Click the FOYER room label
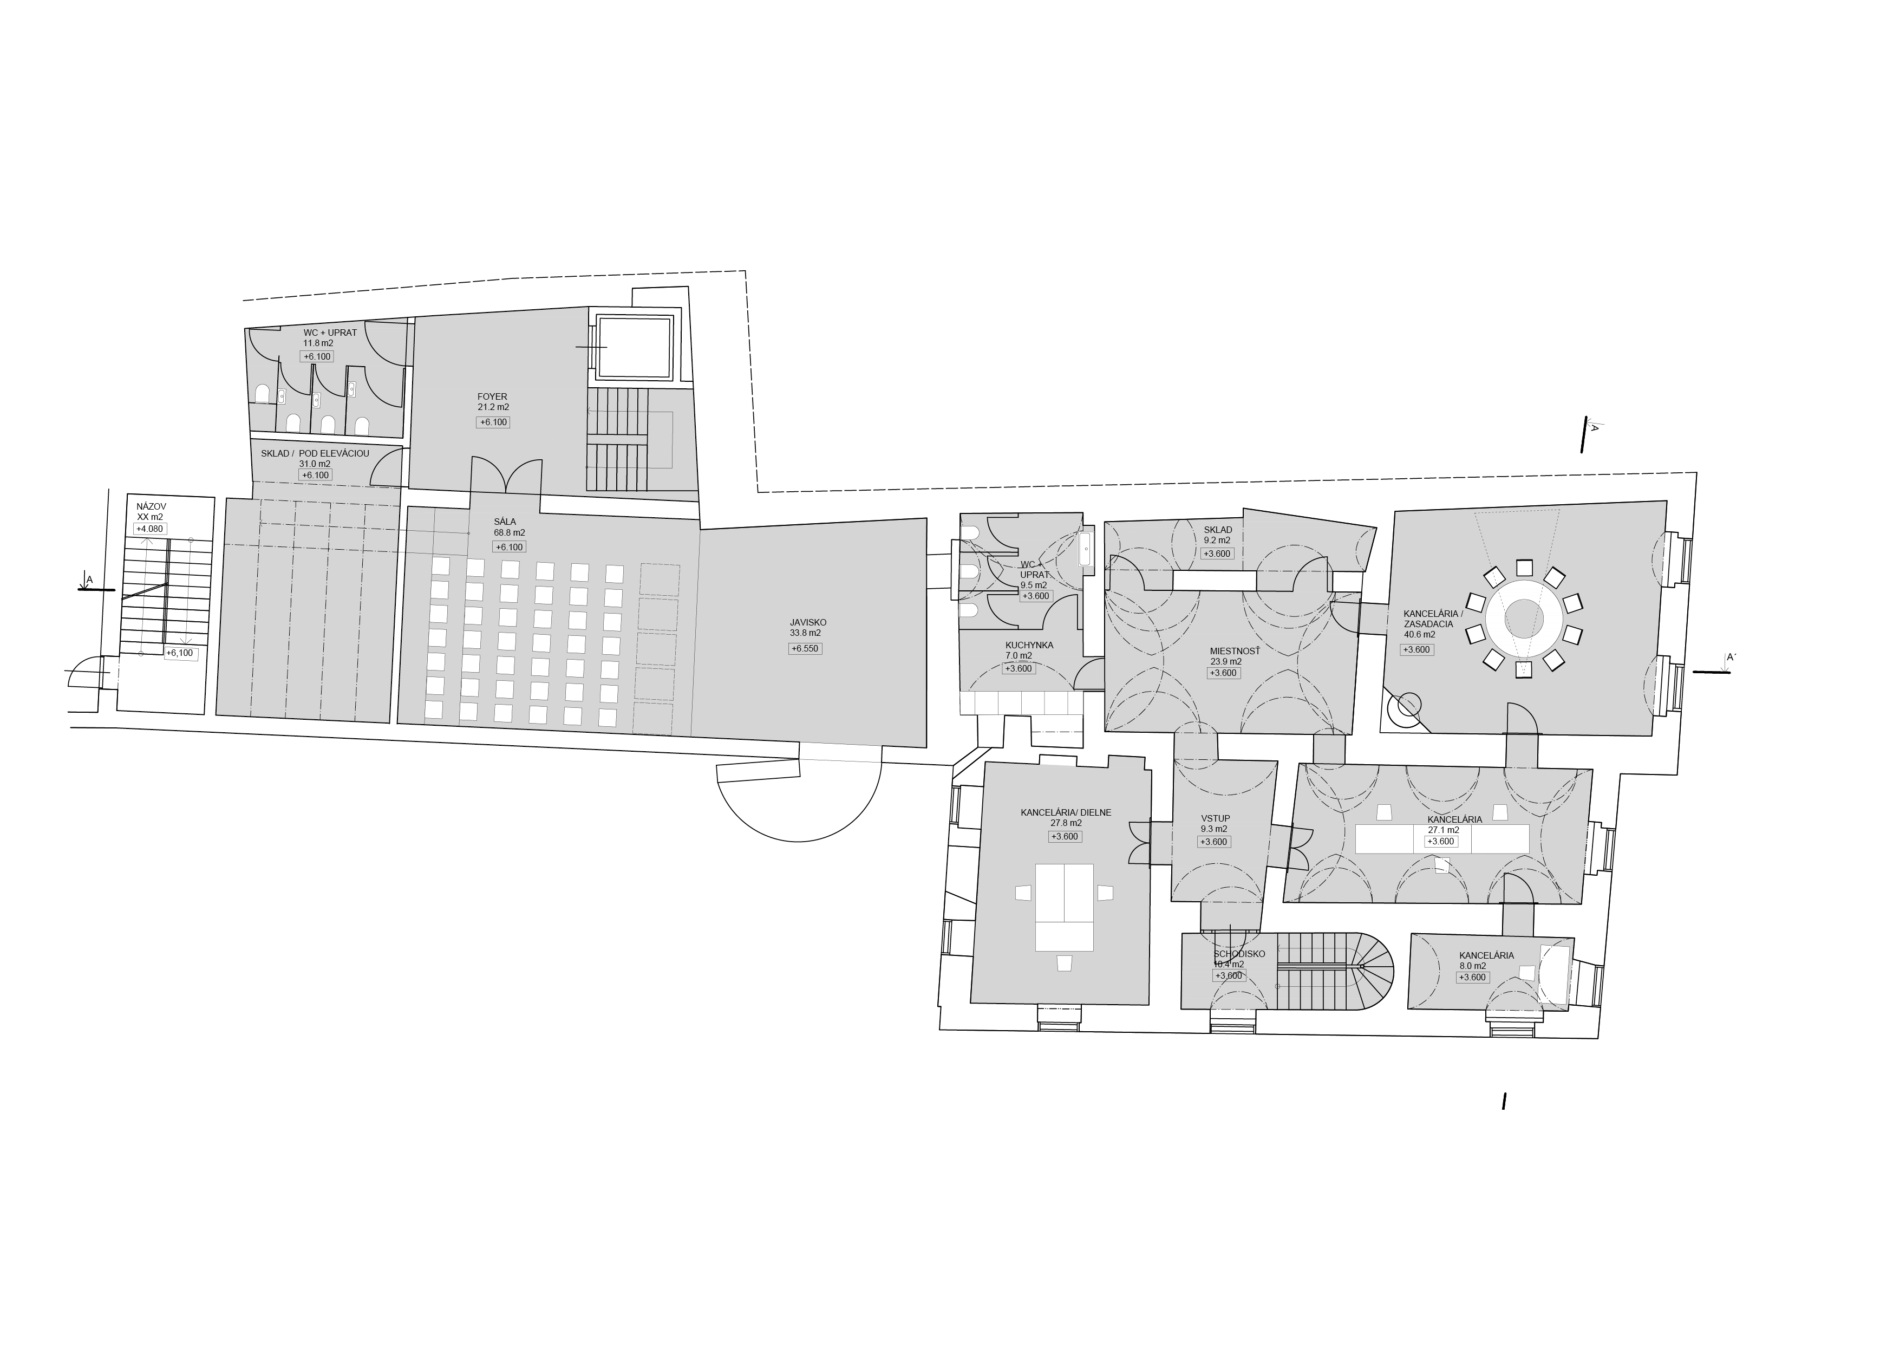(492, 396)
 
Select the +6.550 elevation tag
(805, 648)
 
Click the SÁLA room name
(505, 522)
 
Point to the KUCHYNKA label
(1029, 645)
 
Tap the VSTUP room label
(1215, 818)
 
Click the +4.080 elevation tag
(150, 528)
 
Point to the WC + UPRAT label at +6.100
(330, 333)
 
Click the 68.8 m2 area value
(509, 532)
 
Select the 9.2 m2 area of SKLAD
(1217, 540)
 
